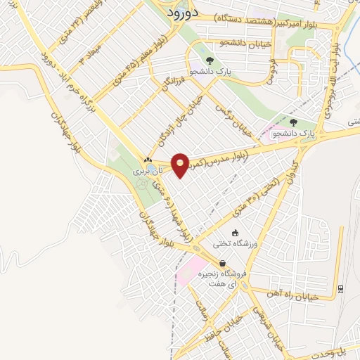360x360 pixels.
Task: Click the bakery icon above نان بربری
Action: click(x=148, y=160)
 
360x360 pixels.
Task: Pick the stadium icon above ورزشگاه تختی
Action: click(x=235, y=233)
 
